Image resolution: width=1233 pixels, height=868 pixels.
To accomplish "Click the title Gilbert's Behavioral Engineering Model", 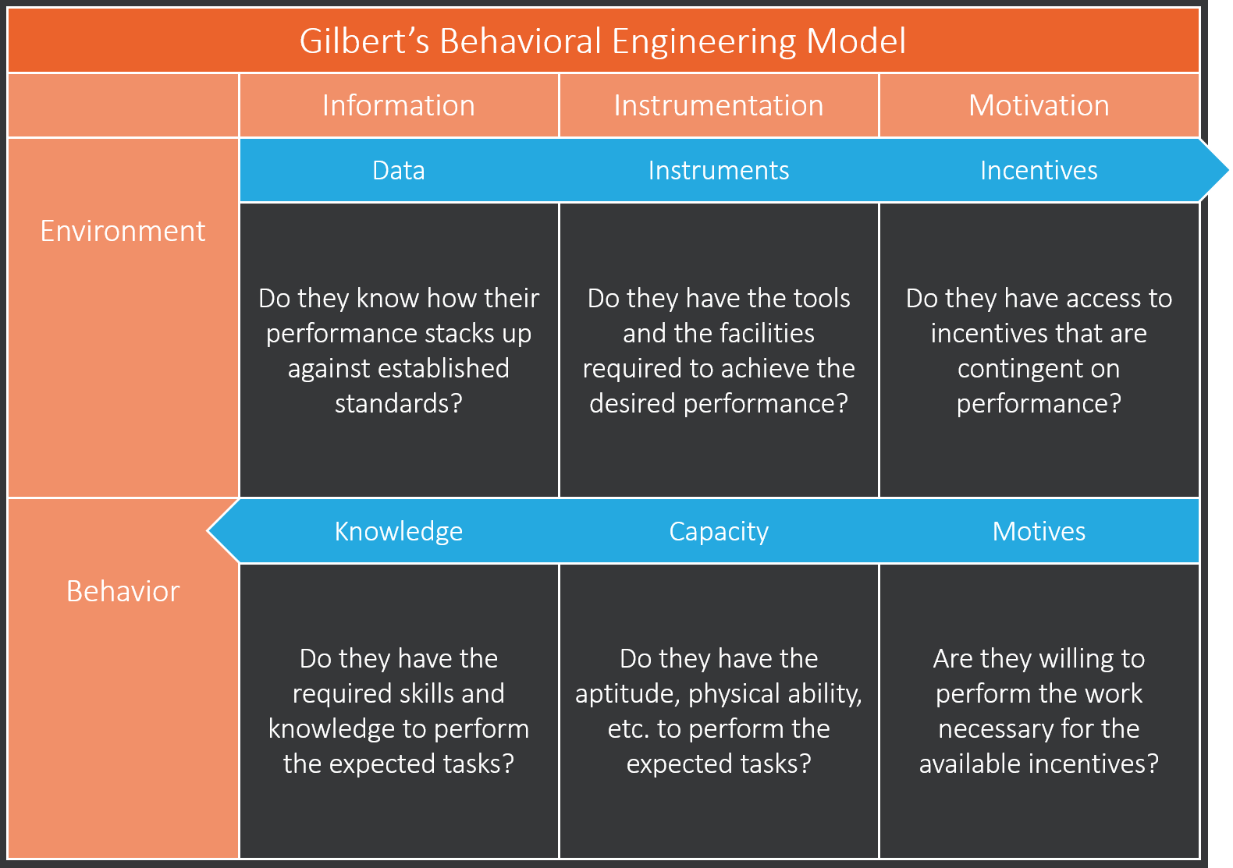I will coord(602,41).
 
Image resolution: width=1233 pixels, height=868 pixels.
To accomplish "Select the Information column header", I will coord(399,105).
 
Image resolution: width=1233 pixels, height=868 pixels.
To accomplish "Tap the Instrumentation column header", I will coord(719,105).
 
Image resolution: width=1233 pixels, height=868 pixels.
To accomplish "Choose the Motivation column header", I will coord(1039,105).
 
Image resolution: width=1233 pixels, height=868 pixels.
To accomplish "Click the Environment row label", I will coord(123,231).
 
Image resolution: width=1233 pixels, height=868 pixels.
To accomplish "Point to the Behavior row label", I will coord(123,591).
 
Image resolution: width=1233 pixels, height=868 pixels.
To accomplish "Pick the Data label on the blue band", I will coord(399,170).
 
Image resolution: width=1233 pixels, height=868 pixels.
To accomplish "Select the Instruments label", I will coord(719,170).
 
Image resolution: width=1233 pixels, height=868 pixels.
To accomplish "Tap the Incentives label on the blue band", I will coord(1039,170).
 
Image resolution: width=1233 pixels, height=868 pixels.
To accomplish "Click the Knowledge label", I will coord(399,531).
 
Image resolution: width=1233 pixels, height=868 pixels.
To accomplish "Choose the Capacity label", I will coord(719,531).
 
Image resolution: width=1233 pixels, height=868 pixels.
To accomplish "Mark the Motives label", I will coord(1039,531).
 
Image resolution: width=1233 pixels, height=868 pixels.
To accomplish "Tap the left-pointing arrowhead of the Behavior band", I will coord(222,531).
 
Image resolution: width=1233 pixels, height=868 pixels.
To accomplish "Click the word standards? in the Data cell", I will coord(399,403).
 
